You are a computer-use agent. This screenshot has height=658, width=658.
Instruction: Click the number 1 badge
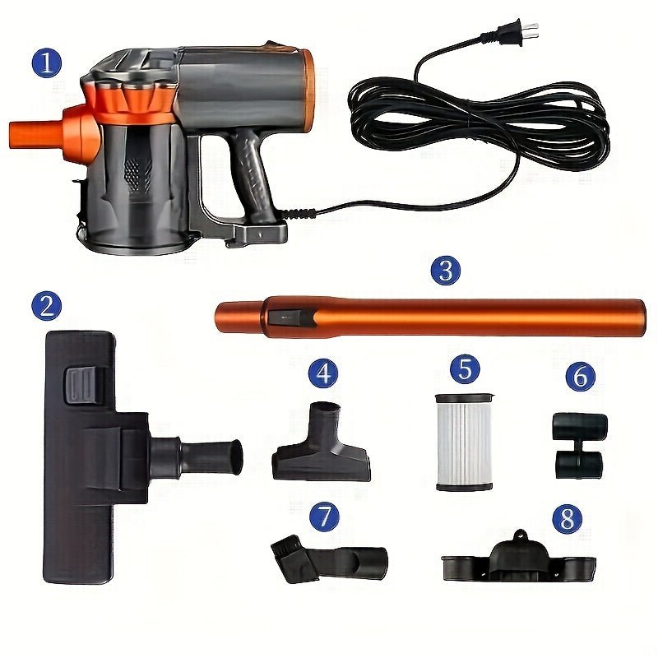click(47, 63)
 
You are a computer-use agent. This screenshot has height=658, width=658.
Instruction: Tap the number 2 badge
click(47, 307)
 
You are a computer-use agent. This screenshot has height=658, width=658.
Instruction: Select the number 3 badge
click(445, 271)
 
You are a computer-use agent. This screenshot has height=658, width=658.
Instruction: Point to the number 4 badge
click(323, 373)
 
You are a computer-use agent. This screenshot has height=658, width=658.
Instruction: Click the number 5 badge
click(466, 368)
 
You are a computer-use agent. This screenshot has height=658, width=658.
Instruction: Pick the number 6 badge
click(580, 377)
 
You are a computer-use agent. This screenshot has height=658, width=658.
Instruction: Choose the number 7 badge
click(324, 517)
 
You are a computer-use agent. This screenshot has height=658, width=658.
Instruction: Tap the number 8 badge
click(568, 518)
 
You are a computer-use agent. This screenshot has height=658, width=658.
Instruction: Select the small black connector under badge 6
click(578, 445)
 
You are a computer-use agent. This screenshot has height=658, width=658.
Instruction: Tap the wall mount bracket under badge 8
click(518, 559)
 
